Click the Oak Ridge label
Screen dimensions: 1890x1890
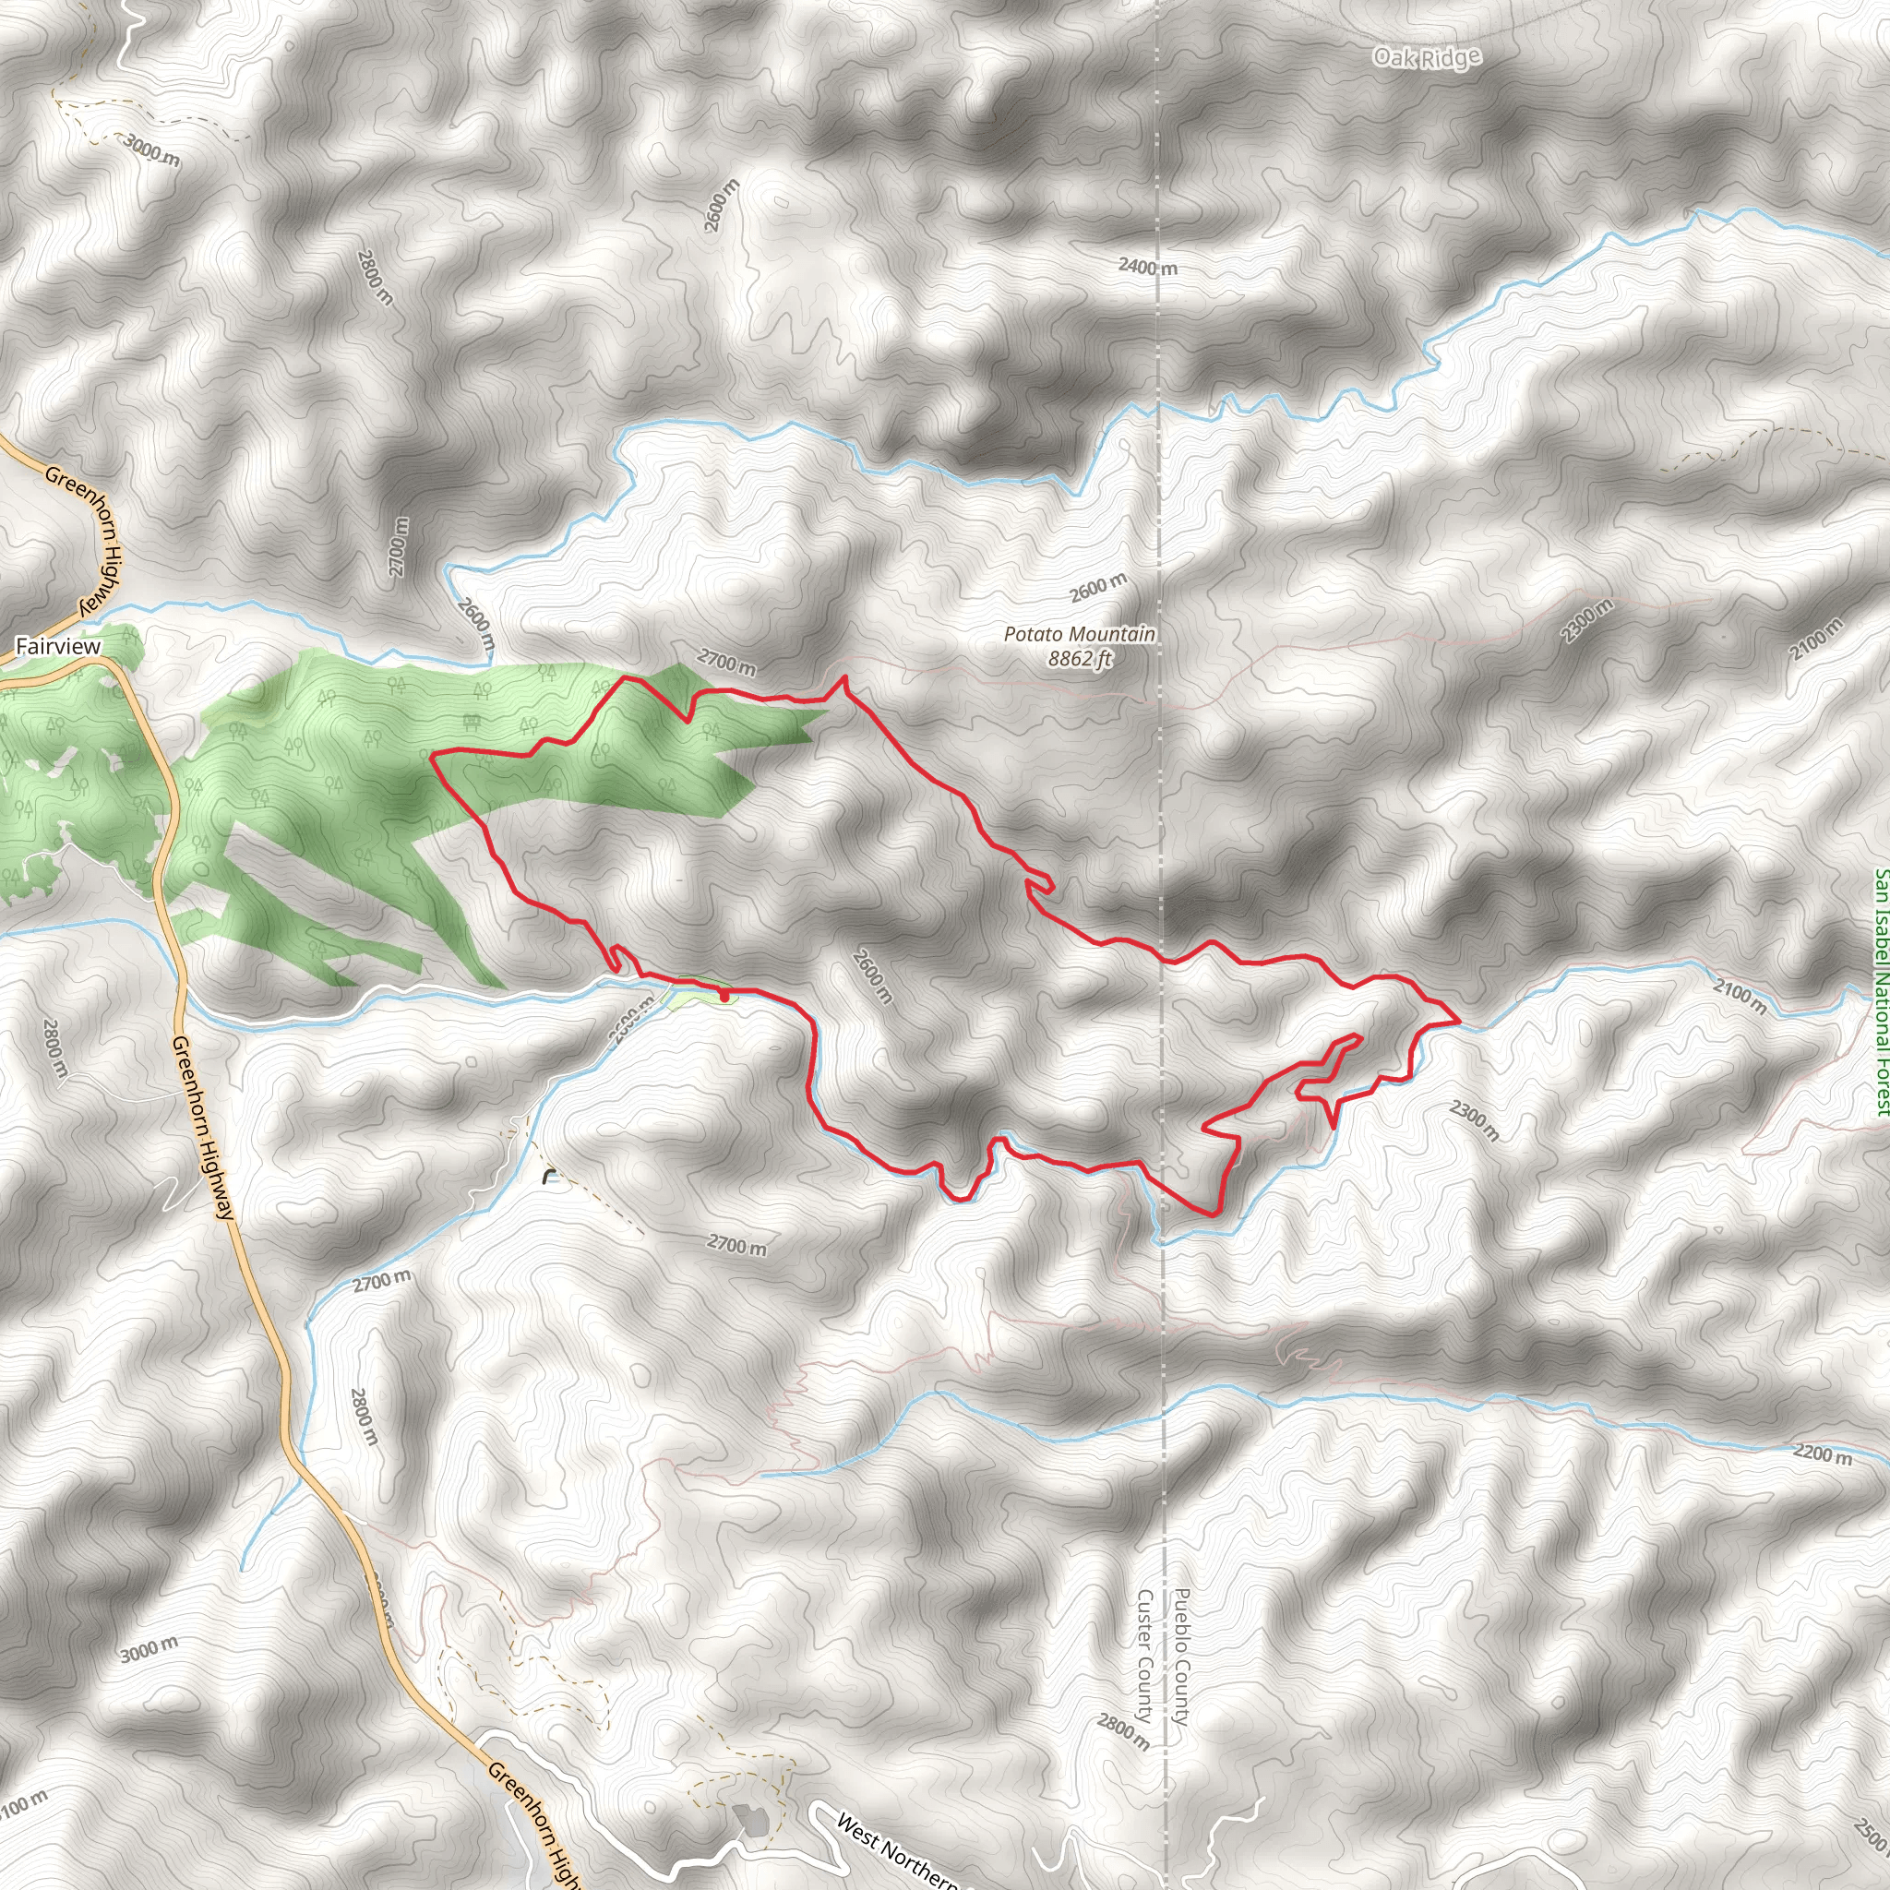point(1427,58)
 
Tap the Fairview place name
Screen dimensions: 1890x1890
point(59,647)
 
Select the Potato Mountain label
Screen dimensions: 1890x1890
point(1079,634)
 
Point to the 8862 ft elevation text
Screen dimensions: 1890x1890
point(1079,658)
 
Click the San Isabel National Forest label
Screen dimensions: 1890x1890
point(1880,992)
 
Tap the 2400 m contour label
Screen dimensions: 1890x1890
point(1147,266)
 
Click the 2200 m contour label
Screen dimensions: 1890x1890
point(1822,1453)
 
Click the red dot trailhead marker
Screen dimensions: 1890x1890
point(724,997)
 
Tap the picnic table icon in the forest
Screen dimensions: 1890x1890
point(473,721)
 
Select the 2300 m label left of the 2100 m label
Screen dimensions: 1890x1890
point(1585,621)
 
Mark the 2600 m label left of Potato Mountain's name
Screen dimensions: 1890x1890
point(1097,588)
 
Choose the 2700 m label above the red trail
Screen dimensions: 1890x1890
point(726,664)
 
